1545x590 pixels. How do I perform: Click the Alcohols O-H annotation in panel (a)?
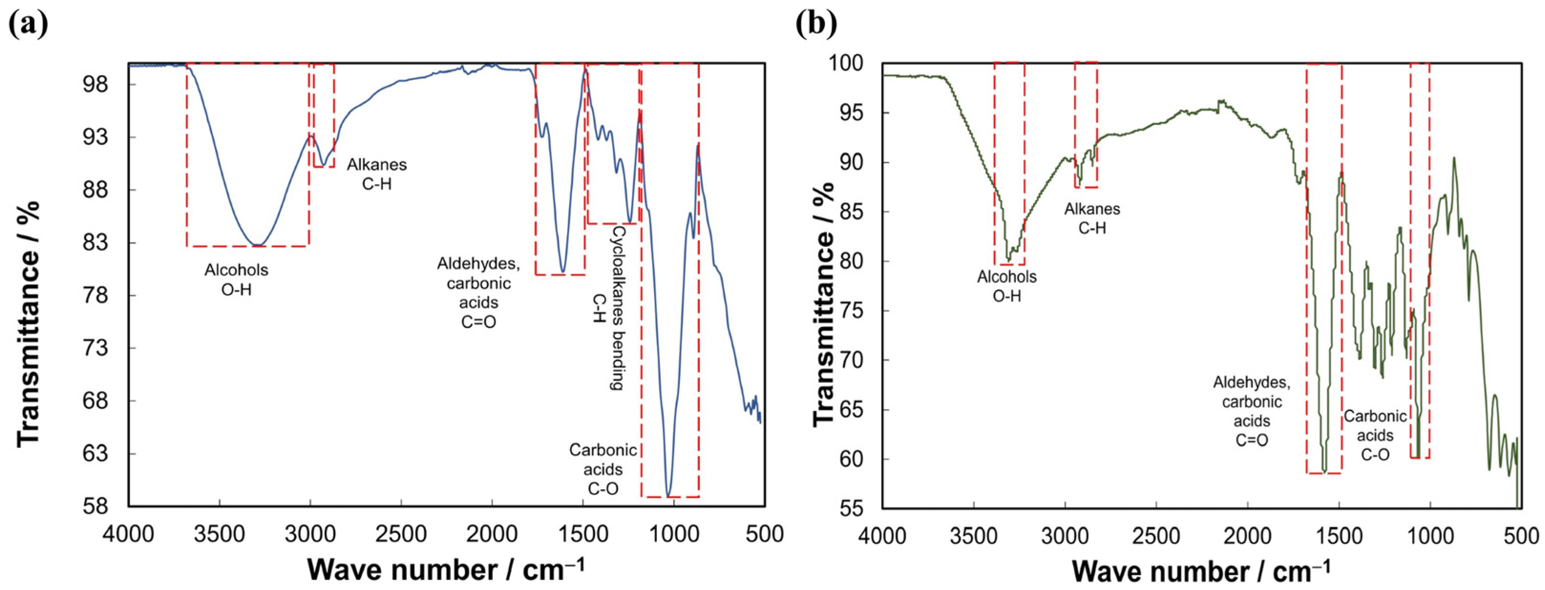click(236, 279)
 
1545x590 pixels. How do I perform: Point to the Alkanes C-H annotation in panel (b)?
click(1092, 218)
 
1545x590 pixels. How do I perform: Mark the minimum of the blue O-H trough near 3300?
click(257, 244)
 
